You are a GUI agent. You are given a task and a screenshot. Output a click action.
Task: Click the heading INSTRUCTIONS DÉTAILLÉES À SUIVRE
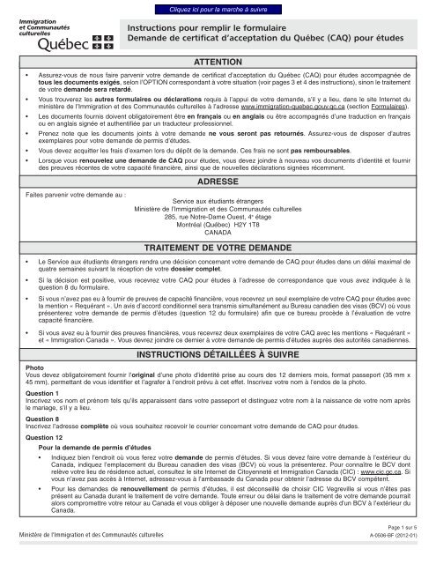pos(218,379)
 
